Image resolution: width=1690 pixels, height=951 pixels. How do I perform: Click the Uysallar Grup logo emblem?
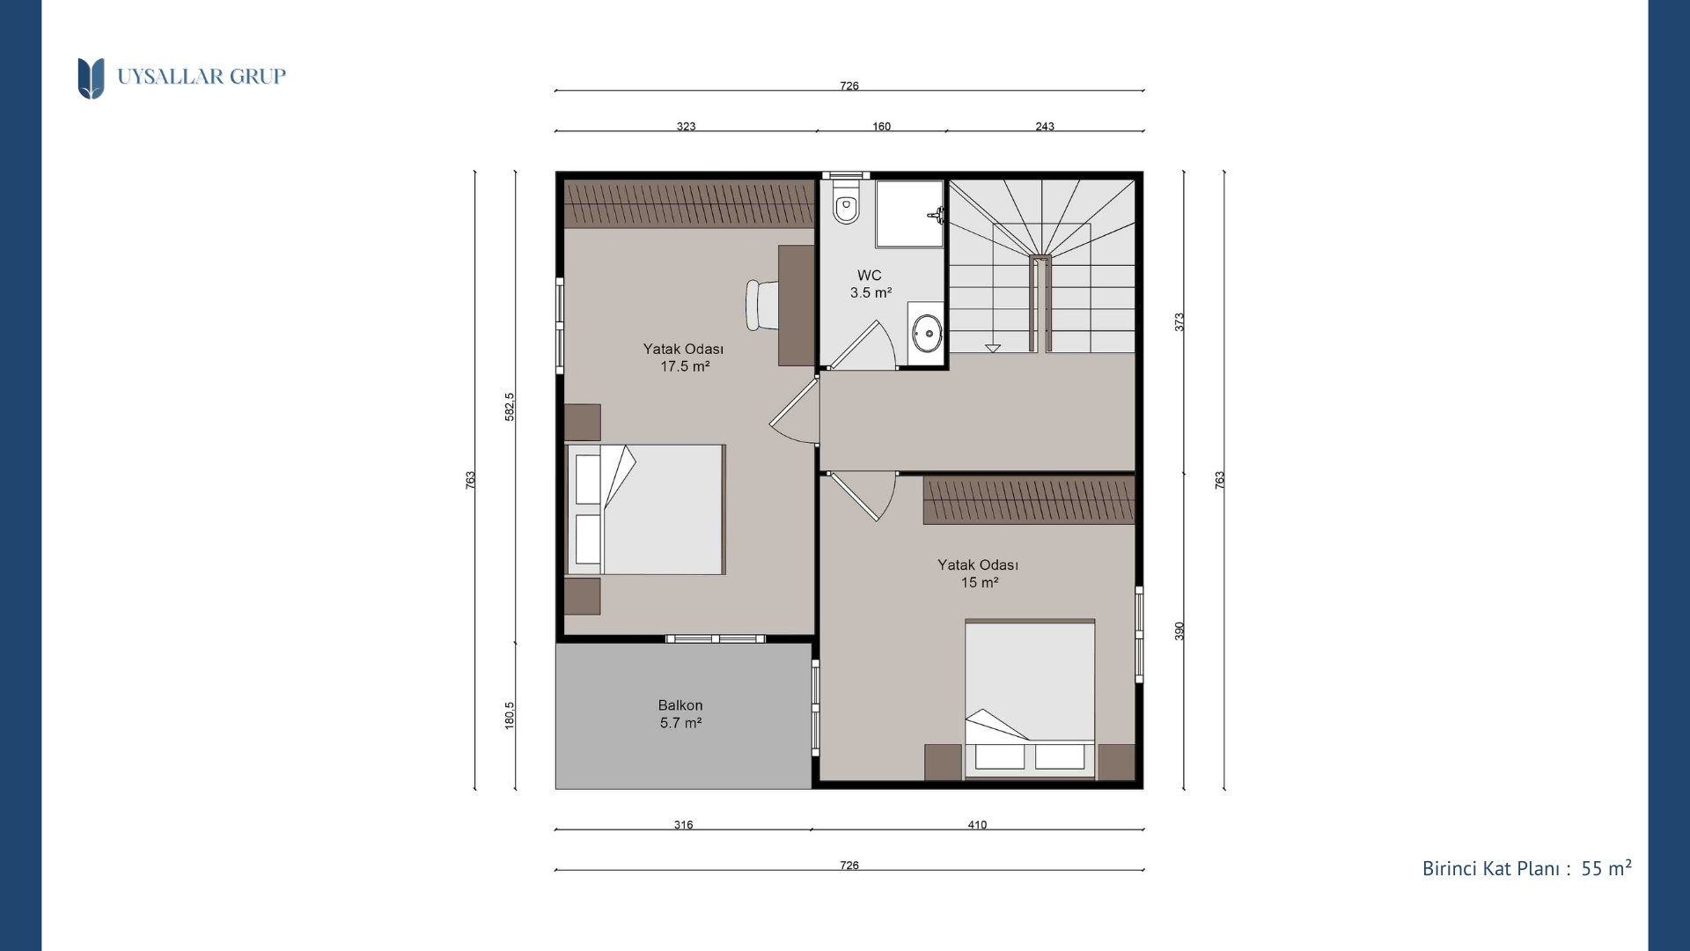click(x=91, y=78)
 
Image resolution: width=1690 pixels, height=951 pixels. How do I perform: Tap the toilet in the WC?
click(x=846, y=203)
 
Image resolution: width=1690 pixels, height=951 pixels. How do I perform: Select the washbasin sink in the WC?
click(x=926, y=332)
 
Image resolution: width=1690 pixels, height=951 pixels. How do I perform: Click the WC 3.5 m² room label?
click(x=871, y=284)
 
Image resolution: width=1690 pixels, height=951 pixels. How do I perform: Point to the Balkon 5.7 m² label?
click(x=680, y=714)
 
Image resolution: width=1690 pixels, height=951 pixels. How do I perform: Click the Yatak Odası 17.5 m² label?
click(x=684, y=358)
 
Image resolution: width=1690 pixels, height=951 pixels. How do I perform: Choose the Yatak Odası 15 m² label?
click(x=978, y=573)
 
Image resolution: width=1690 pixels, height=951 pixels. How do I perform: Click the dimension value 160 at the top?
click(x=881, y=126)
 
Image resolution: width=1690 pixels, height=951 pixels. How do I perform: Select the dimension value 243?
click(x=1045, y=126)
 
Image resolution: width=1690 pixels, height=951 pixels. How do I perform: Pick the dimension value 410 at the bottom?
click(x=977, y=825)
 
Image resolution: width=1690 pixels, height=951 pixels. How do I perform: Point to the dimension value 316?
click(x=684, y=825)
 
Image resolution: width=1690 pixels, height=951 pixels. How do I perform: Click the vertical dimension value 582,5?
click(x=510, y=407)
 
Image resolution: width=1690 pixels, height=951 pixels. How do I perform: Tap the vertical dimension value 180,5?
click(x=510, y=715)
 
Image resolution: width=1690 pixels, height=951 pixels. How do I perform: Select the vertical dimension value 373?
click(x=1179, y=322)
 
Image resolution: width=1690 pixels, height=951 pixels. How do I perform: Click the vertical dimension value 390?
click(x=1179, y=631)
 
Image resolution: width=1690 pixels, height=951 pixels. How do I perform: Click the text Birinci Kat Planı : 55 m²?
click(x=1527, y=868)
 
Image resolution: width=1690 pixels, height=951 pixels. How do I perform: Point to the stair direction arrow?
click(x=993, y=348)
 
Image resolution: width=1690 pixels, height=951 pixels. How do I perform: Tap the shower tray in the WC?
click(x=909, y=214)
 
